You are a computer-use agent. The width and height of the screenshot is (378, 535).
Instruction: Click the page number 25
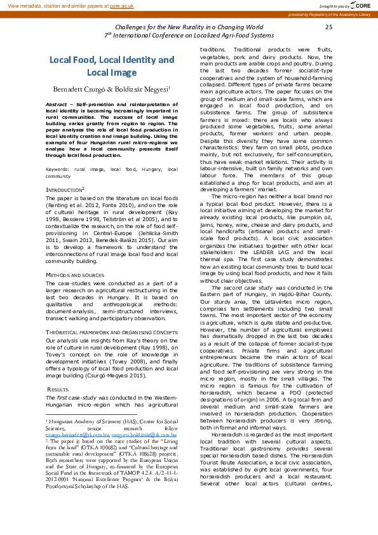pos(328,27)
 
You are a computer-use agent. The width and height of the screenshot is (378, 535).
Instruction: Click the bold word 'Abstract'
pos(58,104)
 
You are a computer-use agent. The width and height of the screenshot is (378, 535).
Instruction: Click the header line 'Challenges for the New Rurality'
pos(189,27)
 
